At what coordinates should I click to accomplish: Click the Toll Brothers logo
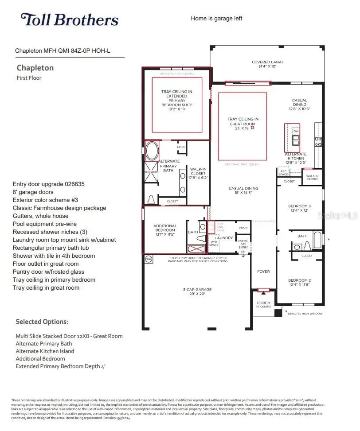[69, 20]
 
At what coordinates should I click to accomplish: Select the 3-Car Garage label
[198, 292]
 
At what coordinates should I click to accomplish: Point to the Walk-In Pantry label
[312, 177]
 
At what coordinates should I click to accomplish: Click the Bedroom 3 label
[299, 208]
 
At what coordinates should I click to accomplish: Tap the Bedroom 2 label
[299, 282]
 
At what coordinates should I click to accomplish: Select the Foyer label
[263, 272]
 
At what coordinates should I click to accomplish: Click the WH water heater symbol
[149, 259]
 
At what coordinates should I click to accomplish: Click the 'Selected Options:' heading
[42, 322]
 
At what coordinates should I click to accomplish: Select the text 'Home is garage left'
[216, 19]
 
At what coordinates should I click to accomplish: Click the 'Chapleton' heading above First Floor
[35, 68]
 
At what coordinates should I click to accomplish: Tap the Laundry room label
[224, 238]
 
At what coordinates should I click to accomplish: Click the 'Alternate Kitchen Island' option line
[45, 351]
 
